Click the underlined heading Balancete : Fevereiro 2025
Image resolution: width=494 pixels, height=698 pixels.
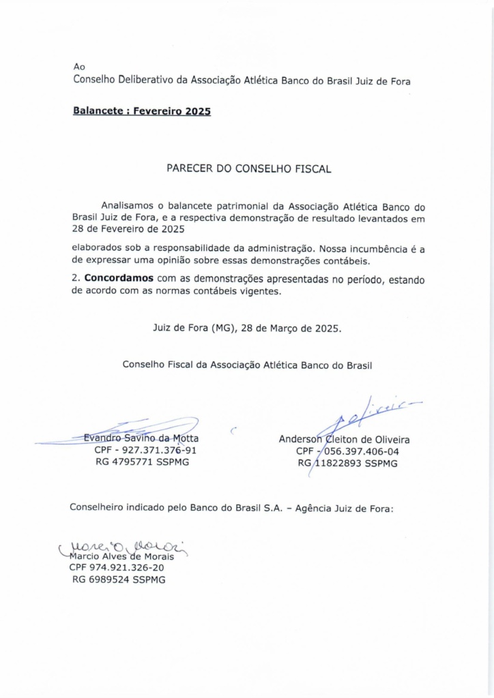141,111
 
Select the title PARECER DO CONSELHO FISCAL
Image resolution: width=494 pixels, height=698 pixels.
248,169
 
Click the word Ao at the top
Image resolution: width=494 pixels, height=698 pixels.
78,67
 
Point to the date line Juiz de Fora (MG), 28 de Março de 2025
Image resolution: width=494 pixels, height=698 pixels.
246,327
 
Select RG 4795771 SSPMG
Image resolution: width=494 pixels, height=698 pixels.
142,462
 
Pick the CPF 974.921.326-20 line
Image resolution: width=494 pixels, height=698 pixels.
117,567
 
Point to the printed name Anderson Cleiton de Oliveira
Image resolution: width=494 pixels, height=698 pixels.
344,440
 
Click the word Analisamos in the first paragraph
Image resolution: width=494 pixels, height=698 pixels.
128,205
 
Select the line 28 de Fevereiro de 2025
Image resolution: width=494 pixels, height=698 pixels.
128,229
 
